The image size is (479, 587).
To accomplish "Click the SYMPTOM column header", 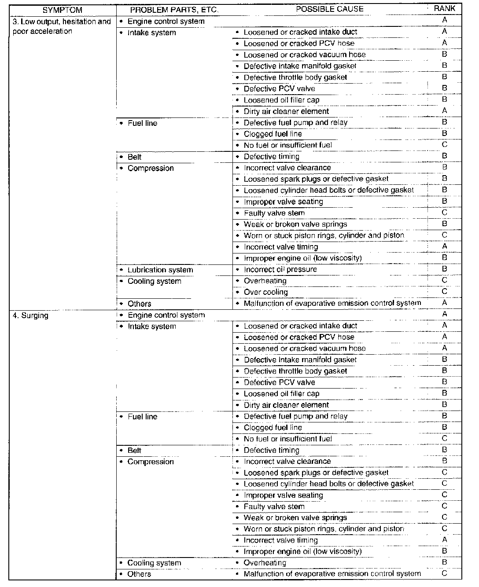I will pyautogui.click(x=62, y=10).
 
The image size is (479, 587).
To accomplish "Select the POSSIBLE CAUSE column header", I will pyautogui.click(x=329, y=9).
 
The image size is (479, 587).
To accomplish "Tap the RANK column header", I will pyautogui.click(x=444, y=8).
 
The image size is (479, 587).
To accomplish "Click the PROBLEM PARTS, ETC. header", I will pyautogui.click(x=174, y=10).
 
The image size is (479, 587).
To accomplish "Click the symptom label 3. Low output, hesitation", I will pyautogui.click(x=61, y=22).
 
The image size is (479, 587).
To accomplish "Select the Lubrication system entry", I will pyautogui.click(x=160, y=270).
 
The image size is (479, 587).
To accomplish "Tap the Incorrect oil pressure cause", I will pyautogui.click(x=280, y=269).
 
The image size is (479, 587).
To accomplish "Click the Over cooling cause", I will pyautogui.click(x=265, y=292).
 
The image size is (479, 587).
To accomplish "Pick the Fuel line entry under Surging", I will pyautogui.click(x=142, y=416).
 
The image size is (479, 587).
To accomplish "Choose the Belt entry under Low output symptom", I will pyautogui.click(x=134, y=157).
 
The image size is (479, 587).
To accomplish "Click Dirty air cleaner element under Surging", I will pyautogui.click(x=286, y=405).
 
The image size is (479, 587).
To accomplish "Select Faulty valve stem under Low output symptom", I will pyautogui.click(x=274, y=213).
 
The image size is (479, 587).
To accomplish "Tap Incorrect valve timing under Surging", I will pyautogui.click(x=280, y=540).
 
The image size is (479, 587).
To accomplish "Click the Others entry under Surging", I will pyautogui.click(x=139, y=574).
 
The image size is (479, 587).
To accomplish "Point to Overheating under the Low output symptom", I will pyautogui.click(x=265, y=281).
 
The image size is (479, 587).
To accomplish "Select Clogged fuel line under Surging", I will pyautogui.click(x=273, y=427).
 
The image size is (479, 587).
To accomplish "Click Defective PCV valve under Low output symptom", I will pyautogui.click(x=279, y=88).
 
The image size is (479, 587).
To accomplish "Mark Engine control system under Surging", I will pyautogui.click(x=166, y=315).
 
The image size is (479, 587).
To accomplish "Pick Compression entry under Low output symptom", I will pyautogui.click(x=151, y=168).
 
